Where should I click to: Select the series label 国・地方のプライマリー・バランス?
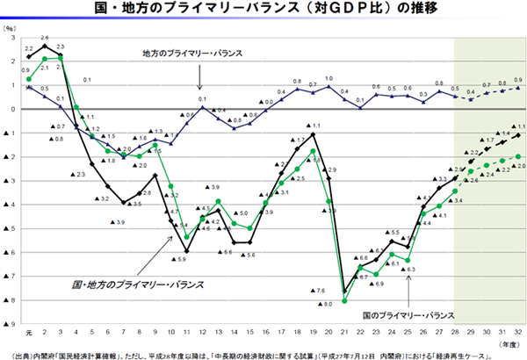coord(136,284)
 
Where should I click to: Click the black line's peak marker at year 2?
coord(44,45)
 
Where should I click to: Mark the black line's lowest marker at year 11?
coord(187,250)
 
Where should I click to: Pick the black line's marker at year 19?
coord(314,134)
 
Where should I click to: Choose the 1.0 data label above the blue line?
coord(329,79)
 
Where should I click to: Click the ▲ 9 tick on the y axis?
coord(10,324)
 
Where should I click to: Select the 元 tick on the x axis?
coord(28,333)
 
